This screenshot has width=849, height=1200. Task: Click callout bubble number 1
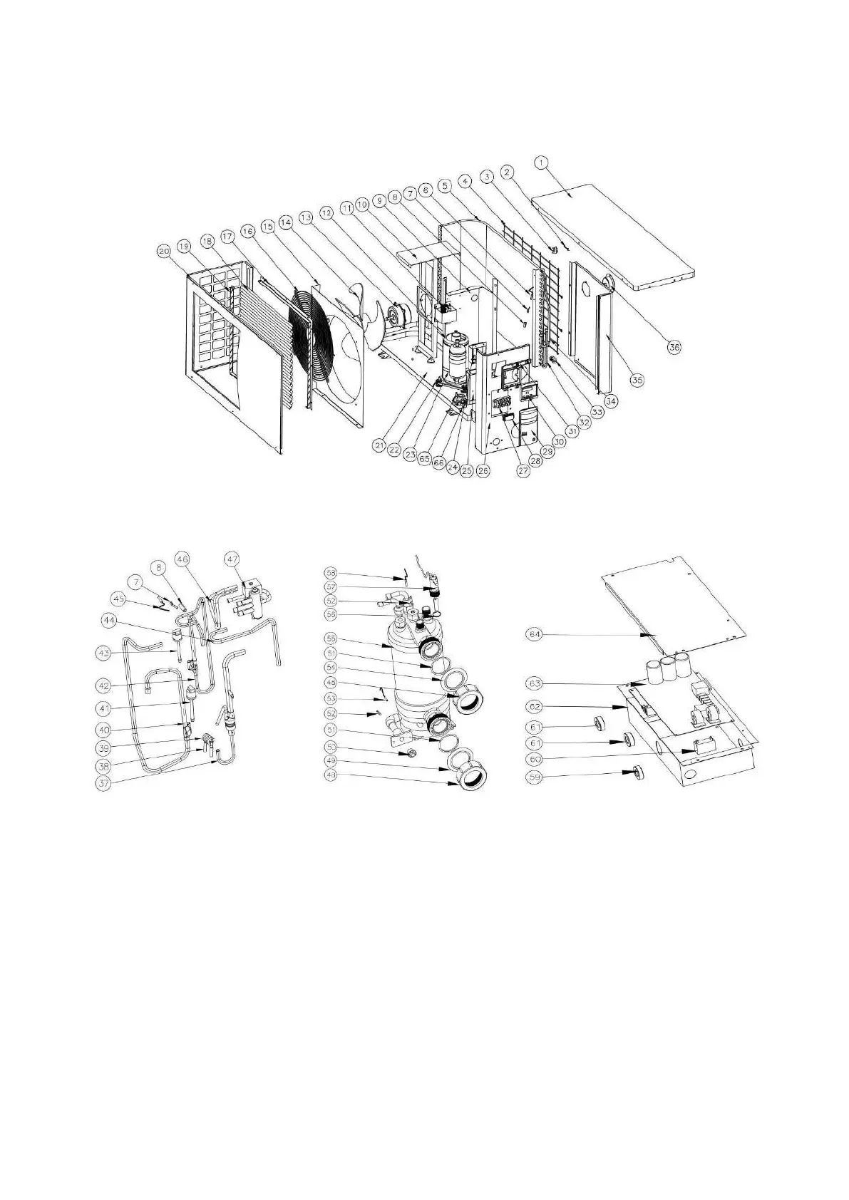[542, 162]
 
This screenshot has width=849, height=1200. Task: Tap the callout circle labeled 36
[674, 346]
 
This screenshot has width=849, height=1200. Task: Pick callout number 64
[534, 634]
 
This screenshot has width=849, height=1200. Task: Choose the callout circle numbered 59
[534, 778]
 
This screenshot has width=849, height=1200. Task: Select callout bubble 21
[379, 444]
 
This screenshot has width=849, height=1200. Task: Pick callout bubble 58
[330, 572]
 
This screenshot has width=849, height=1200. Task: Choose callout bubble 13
[306, 216]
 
